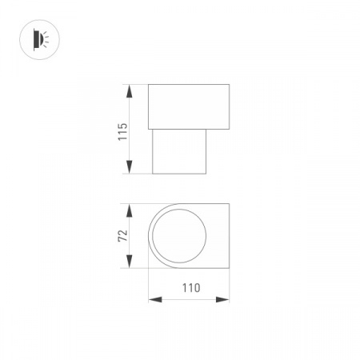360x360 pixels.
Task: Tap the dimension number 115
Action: tap(122, 130)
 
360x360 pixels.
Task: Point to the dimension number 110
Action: tap(189, 287)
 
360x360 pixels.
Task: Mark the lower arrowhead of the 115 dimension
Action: tap(130, 169)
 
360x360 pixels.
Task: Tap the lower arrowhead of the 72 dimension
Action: tap(130, 264)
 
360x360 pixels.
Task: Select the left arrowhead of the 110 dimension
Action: tap(154, 300)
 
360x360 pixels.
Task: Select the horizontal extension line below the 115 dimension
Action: tap(139, 174)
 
